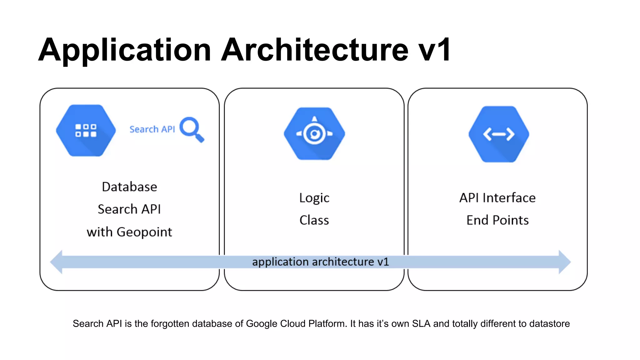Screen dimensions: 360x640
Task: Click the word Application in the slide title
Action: (x=125, y=50)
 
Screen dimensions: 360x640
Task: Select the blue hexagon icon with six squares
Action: (x=86, y=130)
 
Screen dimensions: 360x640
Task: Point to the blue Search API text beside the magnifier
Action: (x=152, y=129)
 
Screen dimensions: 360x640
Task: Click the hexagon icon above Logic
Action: (x=314, y=134)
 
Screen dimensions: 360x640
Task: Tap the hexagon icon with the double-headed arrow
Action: (x=499, y=134)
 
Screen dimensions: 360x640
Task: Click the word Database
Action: (x=129, y=187)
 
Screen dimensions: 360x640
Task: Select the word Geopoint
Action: (x=144, y=232)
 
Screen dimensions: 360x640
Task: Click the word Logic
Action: (x=314, y=198)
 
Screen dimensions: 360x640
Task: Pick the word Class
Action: (x=314, y=220)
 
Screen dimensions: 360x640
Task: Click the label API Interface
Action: (x=497, y=198)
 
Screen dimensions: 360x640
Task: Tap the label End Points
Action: (x=497, y=220)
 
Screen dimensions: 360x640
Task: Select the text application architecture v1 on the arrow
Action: (x=320, y=262)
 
